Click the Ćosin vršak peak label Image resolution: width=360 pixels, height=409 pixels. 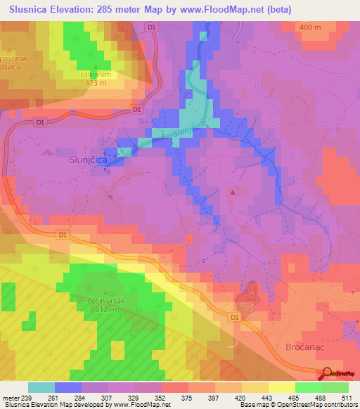coord(106,301)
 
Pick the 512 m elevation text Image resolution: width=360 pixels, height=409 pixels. coord(106,309)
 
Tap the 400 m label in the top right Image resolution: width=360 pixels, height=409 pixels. coord(309,27)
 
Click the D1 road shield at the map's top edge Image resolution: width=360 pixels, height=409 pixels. coord(152,26)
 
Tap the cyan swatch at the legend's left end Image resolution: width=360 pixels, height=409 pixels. coord(41,387)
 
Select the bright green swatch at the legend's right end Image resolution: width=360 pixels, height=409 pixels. coord(335,387)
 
